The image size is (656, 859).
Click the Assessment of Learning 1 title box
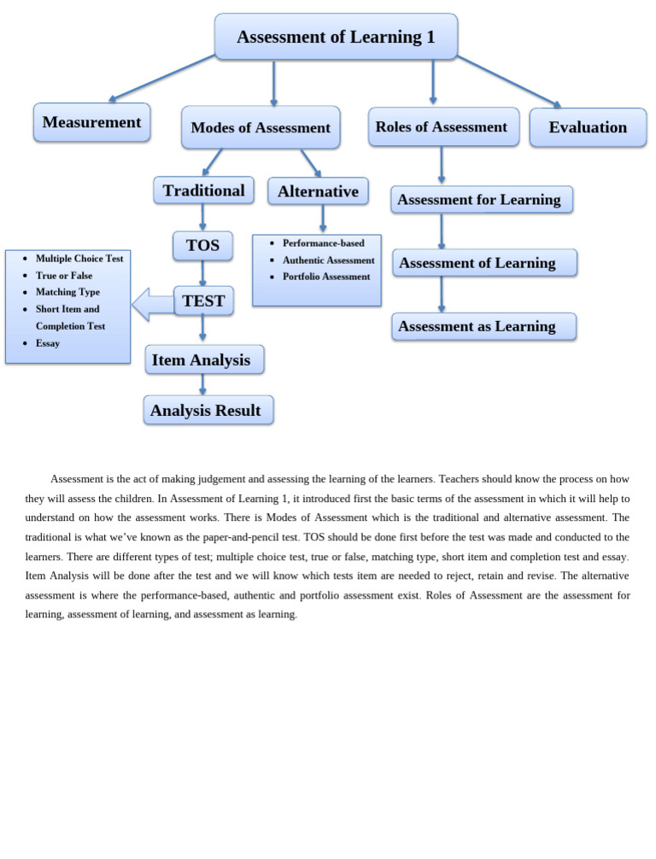tap(336, 37)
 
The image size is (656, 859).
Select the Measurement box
tap(92, 122)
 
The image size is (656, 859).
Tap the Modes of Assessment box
tap(261, 128)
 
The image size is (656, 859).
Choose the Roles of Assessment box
tap(442, 127)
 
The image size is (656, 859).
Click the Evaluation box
tap(588, 127)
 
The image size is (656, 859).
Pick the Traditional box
tap(203, 190)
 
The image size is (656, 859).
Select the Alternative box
tap(318, 191)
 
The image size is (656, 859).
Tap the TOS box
tap(202, 246)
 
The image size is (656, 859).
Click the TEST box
tap(203, 301)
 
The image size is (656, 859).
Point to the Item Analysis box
tap(203, 360)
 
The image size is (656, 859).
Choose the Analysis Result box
tap(208, 411)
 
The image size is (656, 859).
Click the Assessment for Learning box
tap(481, 200)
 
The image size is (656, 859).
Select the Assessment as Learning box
tap(483, 326)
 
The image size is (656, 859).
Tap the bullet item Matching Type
tap(67, 292)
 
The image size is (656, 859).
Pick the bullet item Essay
tap(48, 343)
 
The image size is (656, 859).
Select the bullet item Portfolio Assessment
tap(326, 277)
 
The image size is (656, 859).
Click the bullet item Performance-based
tap(323, 243)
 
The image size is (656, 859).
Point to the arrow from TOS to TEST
tap(202, 273)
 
